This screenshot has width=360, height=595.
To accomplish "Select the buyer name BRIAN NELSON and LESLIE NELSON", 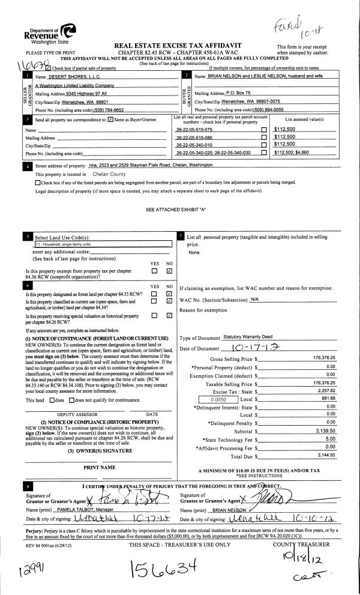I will click(x=251, y=77).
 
